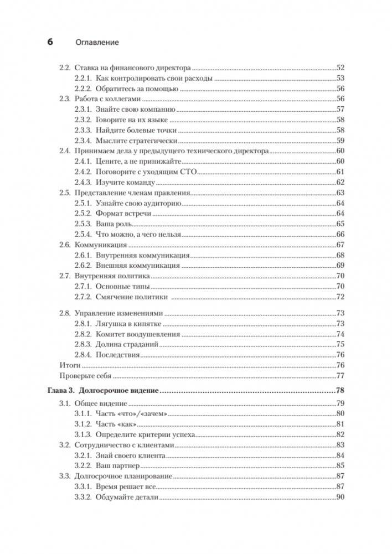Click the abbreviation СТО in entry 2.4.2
(190, 172)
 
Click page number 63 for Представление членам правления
(341, 193)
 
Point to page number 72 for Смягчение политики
(341, 297)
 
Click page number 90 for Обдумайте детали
(341, 498)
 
